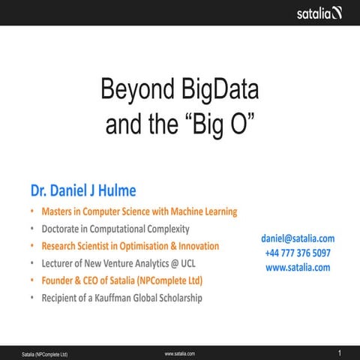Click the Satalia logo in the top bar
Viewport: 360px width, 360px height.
[x=319, y=13]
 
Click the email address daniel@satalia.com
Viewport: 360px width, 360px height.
[x=298, y=238]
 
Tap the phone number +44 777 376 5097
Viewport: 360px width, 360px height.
[x=298, y=253]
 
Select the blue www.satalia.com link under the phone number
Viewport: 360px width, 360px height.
[x=298, y=267]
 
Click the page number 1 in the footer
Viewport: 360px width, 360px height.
[x=340, y=352]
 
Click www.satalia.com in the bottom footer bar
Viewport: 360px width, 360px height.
[x=179, y=353]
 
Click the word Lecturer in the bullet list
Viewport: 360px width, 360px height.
[x=60, y=263]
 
